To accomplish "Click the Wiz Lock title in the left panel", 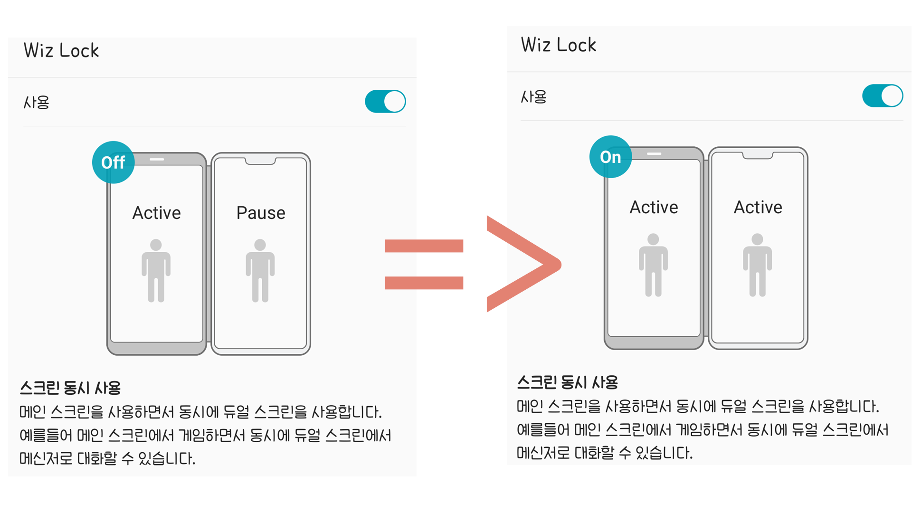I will [x=61, y=50].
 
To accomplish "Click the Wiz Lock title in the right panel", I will [x=558, y=45].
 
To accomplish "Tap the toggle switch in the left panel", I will [x=385, y=101].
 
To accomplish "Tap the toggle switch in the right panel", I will [x=883, y=96].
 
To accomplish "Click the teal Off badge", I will [x=113, y=162].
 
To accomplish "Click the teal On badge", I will [x=610, y=157].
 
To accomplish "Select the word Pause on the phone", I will [x=261, y=213].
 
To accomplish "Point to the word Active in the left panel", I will [x=156, y=213].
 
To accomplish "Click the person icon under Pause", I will [x=260, y=271].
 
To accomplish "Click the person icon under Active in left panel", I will [x=156, y=271].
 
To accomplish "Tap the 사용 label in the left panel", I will [x=37, y=102].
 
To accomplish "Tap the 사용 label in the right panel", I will [x=533, y=97].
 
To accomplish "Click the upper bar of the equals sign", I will [x=424, y=246].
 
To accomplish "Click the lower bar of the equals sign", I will [x=424, y=283].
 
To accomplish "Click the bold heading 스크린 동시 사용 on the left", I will [x=70, y=388].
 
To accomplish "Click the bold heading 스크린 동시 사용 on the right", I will [x=567, y=382].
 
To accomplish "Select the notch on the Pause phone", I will [x=260, y=161].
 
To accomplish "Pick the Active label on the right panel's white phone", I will [x=758, y=208].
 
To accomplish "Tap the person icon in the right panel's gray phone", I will [x=653, y=265].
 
